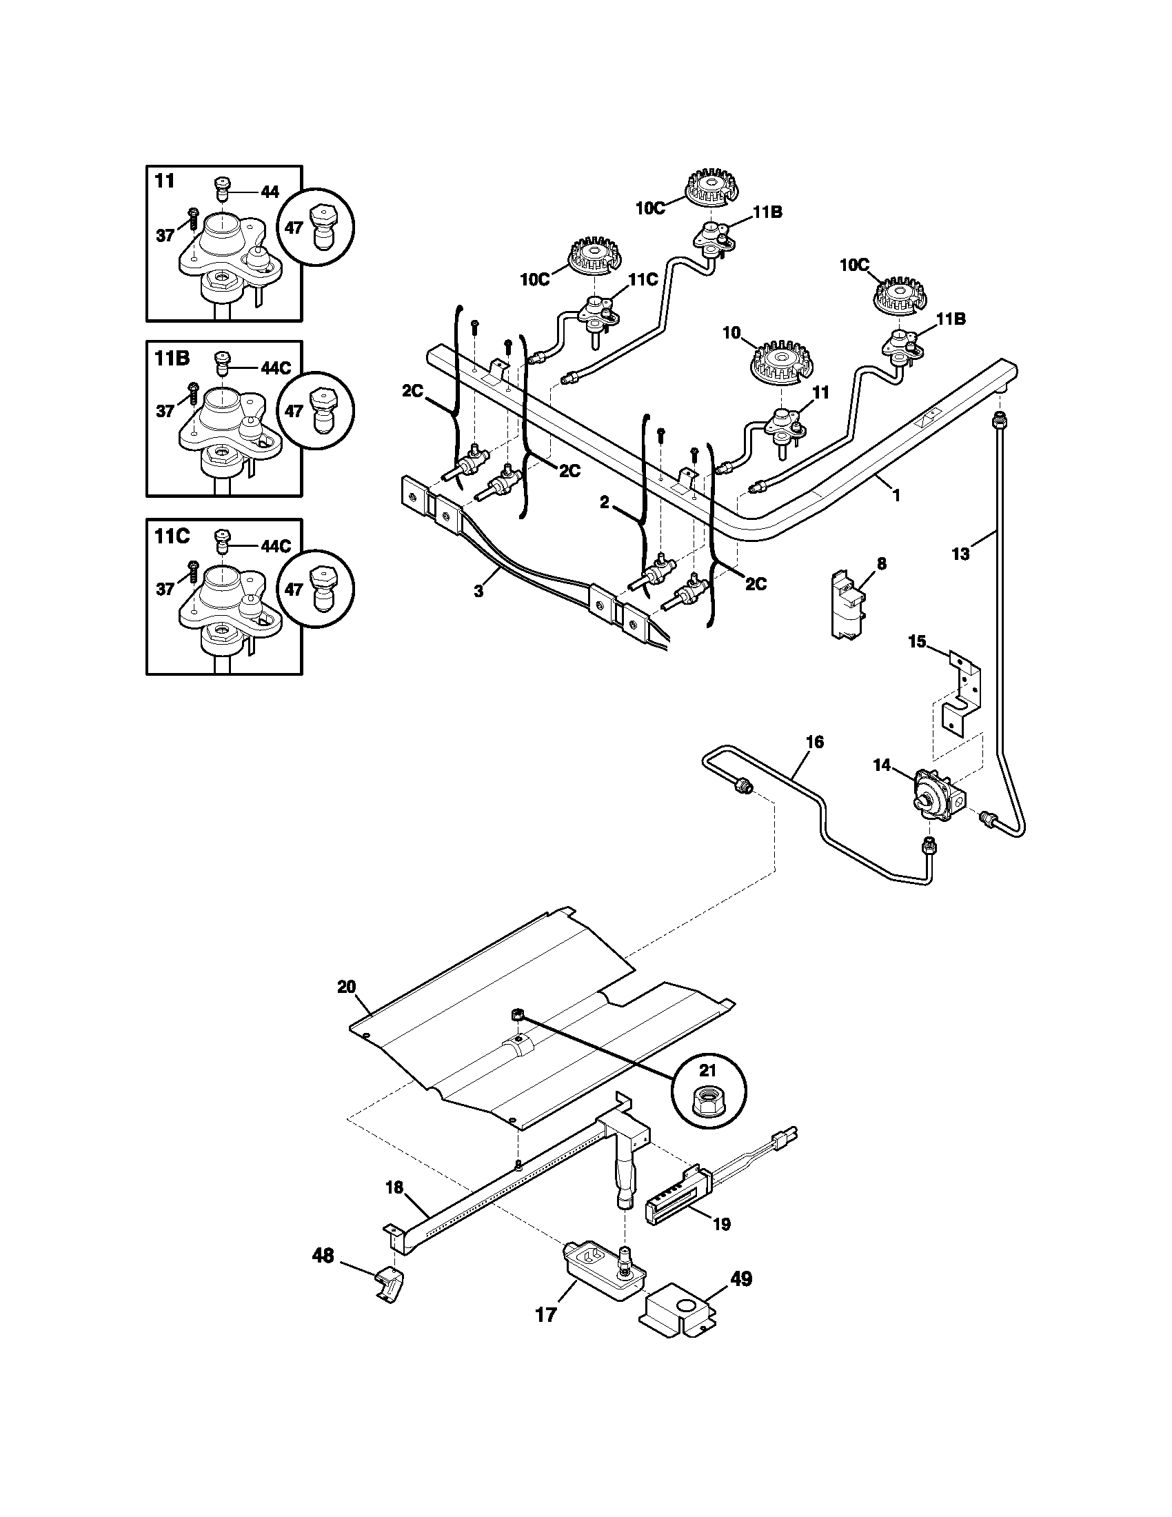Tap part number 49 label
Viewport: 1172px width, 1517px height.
(x=742, y=1278)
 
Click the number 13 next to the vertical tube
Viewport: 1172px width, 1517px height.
(x=960, y=554)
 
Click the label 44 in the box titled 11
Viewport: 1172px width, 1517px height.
(x=270, y=192)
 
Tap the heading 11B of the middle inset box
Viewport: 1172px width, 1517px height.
(x=171, y=358)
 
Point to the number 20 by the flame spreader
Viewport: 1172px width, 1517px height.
(x=347, y=986)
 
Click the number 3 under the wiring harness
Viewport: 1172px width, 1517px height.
(x=479, y=591)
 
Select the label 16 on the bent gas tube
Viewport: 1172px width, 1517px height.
(x=815, y=742)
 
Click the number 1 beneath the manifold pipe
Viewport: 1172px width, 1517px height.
(x=896, y=495)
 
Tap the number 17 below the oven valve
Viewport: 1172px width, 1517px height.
(x=547, y=1314)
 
